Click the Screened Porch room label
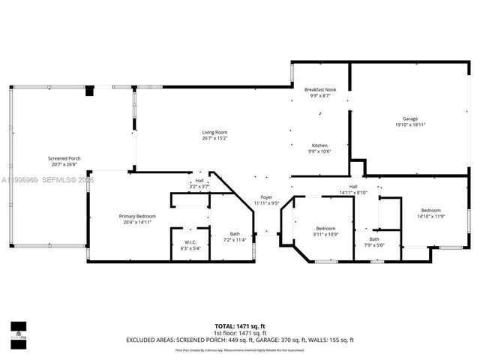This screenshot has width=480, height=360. tap(64, 158)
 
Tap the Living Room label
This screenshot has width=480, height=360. tap(214, 133)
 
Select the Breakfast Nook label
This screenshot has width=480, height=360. tap(320, 89)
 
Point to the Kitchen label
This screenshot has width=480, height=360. tap(319, 145)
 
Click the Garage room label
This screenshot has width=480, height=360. tap(409, 119)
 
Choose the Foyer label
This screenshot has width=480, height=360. tap(266, 197)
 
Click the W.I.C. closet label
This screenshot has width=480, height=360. tap(190, 241)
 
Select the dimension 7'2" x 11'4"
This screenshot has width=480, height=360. tap(235, 240)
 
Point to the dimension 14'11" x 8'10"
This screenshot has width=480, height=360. tap(352, 193)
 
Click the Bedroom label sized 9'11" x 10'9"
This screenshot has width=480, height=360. tap(325, 228)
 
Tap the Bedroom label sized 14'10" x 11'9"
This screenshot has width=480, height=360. tap(430, 210)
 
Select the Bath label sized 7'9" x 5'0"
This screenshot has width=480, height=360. tap(374, 239)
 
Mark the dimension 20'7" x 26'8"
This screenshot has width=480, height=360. tap(64, 164)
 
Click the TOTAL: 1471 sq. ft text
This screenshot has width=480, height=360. tap(239, 326)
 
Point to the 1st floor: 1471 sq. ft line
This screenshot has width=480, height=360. tap(239, 333)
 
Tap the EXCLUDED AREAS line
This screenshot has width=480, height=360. tap(239, 340)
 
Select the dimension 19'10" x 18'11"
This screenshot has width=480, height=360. tap(409, 125)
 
